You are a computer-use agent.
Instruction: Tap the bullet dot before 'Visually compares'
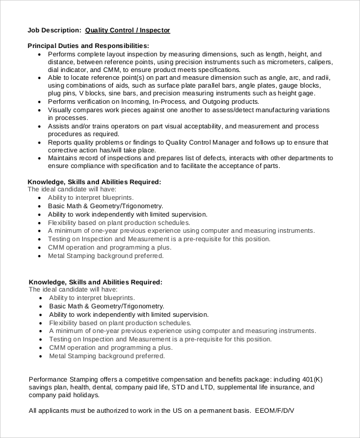pyautogui.click(x=40, y=110)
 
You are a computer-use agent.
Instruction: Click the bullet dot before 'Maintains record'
pyautogui.click(x=40, y=158)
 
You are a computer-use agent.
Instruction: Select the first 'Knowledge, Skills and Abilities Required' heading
pyautogui.click(x=95, y=181)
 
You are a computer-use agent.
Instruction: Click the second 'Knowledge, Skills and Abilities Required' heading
pyautogui.click(x=96, y=281)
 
